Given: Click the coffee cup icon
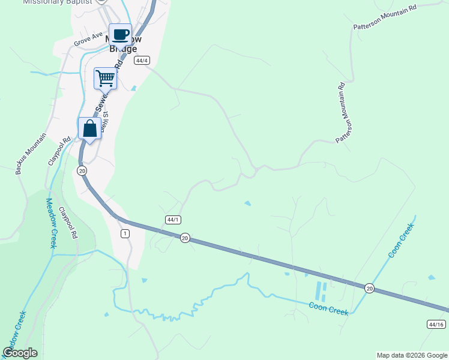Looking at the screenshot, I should point(120,35).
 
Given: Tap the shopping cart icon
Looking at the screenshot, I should point(105,78).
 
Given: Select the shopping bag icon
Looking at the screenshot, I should point(89,128).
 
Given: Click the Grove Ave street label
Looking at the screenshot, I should point(89,40).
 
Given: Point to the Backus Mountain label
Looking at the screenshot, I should point(31,154).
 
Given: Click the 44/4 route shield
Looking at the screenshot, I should point(142,61).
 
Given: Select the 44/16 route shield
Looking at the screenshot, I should point(436,324).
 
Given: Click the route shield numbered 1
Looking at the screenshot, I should point(125,233).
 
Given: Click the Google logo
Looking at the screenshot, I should point(20,353).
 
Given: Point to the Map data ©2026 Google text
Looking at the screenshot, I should point(411,355).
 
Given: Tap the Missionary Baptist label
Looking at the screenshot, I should point(58,2).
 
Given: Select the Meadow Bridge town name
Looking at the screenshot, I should point(122,43).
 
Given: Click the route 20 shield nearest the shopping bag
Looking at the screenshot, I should point(82,171).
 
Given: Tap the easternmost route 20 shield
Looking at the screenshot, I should point(369,288).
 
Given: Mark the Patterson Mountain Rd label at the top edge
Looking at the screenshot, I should point(384,17).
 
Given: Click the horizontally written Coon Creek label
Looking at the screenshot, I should point(329,308).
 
